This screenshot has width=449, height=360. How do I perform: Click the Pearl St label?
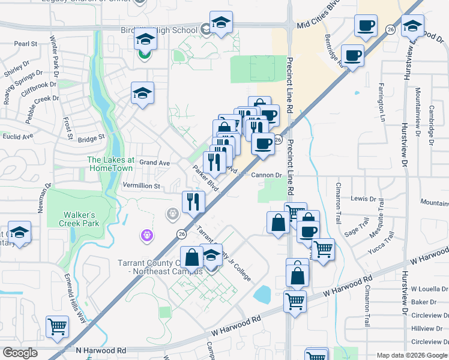point(26,44)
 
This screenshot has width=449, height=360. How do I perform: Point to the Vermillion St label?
point(141,187)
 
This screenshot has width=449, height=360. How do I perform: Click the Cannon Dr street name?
point(267,175)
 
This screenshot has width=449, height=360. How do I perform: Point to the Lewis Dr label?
point(363,199)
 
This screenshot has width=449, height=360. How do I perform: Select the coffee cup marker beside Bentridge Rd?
point(352,55)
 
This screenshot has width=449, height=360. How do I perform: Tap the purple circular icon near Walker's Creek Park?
point(147,236)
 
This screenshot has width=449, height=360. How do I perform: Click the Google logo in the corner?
point(20,353)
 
